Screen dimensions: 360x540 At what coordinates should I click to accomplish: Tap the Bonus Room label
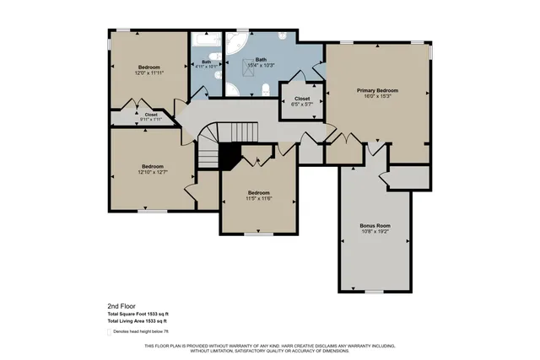(x=375, y=225)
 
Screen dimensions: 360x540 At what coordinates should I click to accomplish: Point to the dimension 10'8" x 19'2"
(x=375, y=232)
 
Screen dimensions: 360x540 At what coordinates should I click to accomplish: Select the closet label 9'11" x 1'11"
(x=151, y=116)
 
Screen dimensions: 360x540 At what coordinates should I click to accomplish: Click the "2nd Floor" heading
(x=121, y=305)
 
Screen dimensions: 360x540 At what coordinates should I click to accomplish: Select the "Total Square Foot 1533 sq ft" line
(x=143, y=314)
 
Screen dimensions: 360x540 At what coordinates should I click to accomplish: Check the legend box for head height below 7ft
(x=110, y=332)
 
